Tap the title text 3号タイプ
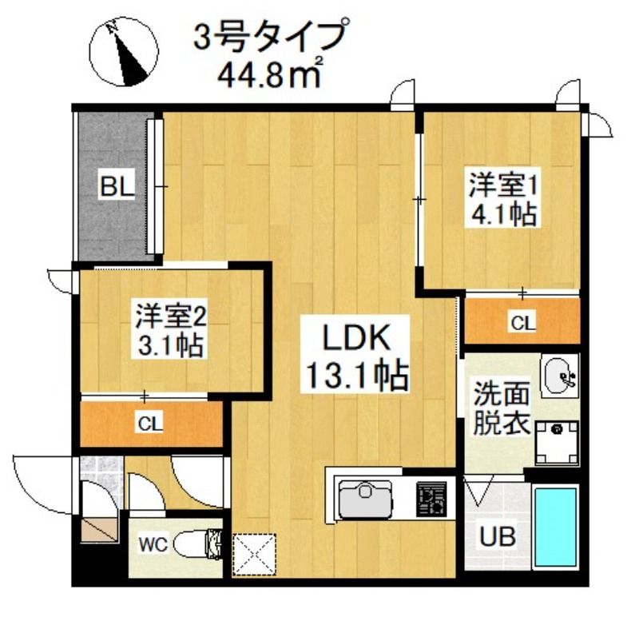click(272, 38)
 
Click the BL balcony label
click(117, 189)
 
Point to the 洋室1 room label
click(501, 185)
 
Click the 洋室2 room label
click(171, 316)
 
